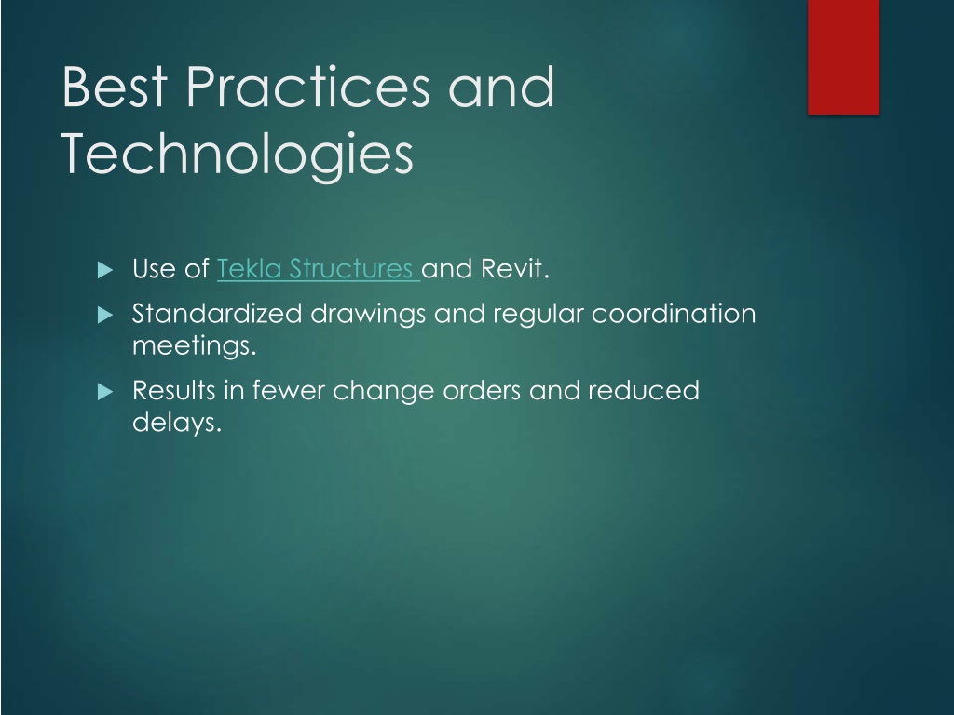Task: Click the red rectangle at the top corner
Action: coord(843,57)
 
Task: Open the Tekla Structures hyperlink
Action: coord(319,268)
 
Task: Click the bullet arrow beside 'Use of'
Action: coord(105,269)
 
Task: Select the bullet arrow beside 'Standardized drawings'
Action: coord(105,315)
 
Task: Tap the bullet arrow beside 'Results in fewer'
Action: coord(105,392)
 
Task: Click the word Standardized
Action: coord(217,314)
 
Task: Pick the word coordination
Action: coord(674,314)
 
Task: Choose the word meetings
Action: coord(194,346)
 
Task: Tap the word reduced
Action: coord(644,390)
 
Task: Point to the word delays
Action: coord(176,422)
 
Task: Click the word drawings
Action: coord(368,315)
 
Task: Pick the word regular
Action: coord(538,315)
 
